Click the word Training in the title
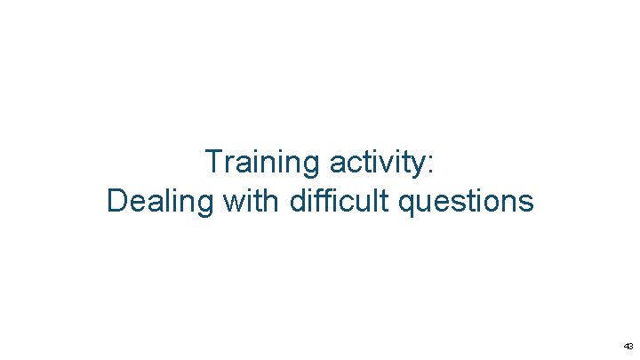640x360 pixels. [263, 163]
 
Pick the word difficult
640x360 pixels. [340, 201]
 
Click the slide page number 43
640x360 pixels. [628, 346]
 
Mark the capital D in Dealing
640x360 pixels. [116, 201]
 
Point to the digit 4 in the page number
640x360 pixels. [625, 346]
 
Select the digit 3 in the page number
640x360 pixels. [630, 346]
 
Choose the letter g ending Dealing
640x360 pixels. [205, 204]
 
